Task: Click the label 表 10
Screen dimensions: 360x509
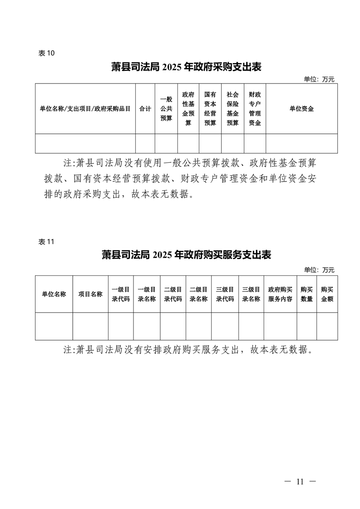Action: tap(46, 53)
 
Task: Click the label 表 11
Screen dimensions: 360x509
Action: tap(46, 242)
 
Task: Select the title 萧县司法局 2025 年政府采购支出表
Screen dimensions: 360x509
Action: tap(186, 67)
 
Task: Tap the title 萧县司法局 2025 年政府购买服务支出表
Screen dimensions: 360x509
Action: tap(186, 255)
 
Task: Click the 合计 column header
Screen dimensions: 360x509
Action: tap(145, 109)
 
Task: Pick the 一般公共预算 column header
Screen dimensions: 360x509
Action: tap(166, 109)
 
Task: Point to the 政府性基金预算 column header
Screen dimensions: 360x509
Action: tap(188, 109)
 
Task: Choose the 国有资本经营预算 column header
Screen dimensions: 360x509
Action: tap(210, 109)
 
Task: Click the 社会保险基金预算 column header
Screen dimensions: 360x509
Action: tap(232, 109)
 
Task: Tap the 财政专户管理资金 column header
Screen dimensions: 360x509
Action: tap(255, 109)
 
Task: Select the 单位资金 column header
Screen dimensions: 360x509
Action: tap(301, 109)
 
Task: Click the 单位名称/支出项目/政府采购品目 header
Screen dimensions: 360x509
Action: tap(85, 109)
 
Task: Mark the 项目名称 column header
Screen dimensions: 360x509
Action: tap(90, 294)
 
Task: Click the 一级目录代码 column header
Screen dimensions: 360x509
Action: tap(121, 294)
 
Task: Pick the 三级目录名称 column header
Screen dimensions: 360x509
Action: tap(251, 294)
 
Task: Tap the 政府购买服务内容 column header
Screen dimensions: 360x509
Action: tap(281, 294)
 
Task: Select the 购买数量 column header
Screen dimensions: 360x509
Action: tap(307, 294)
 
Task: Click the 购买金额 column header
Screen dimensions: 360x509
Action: tap(327, 294)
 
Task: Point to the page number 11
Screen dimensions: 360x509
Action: tap(300, 481)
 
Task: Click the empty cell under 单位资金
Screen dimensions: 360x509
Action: tap(301, 143)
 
